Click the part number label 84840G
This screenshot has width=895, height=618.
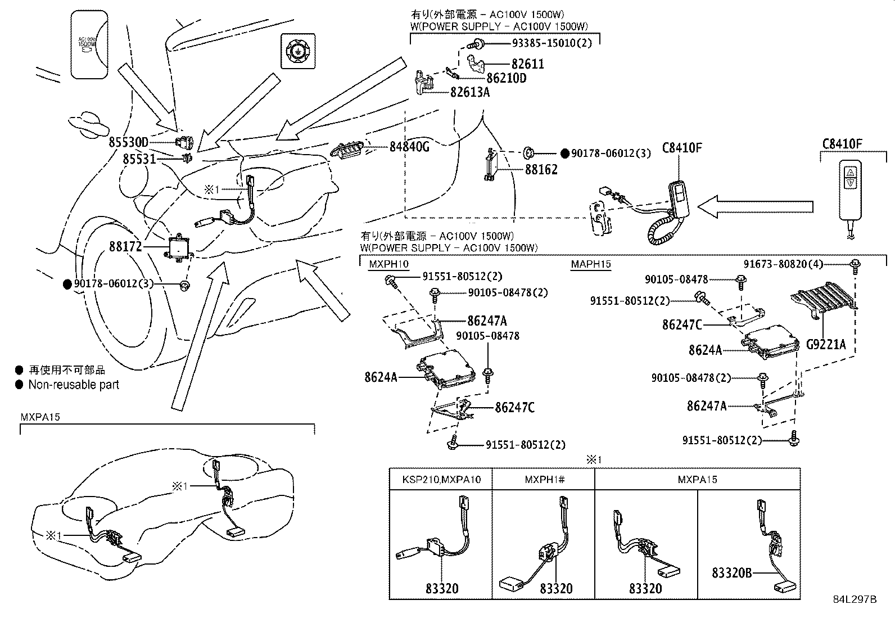409,147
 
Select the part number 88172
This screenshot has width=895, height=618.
126,247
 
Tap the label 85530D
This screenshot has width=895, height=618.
128,142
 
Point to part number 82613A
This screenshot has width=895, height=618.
470,92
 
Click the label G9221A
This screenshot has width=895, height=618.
825,344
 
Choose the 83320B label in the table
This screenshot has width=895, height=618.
731,573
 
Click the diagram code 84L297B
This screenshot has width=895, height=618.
855,599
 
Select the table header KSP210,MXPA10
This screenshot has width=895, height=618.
441,480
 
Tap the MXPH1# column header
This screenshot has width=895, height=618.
544,480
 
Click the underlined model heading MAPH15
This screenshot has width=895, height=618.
591,264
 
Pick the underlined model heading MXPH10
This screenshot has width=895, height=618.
388,264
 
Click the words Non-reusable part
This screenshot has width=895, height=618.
74,385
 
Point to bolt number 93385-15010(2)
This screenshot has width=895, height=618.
552,43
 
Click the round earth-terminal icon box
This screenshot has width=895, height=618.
297,51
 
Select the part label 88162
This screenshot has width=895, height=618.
541,170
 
